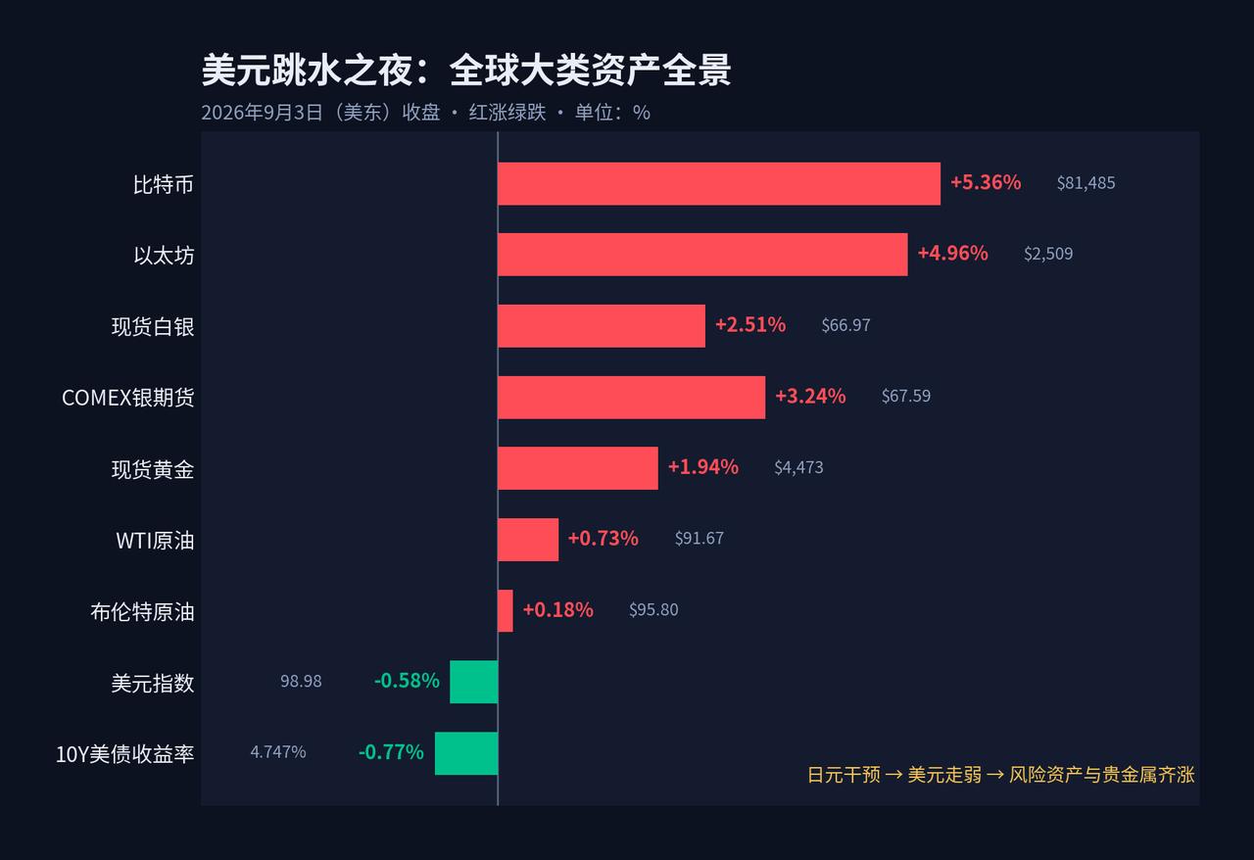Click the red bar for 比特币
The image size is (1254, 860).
(719, 183)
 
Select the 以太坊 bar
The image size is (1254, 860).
(702, 255)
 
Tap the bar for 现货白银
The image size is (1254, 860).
(602, 326)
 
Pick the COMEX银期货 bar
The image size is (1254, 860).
(632, 397)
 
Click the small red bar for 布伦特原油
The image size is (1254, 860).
(505, 611)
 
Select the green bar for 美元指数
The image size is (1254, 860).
(473, 682)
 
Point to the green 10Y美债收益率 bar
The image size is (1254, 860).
(466, 753)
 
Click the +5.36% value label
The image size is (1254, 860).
(986, 182)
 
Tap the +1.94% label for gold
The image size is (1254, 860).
(703, 467)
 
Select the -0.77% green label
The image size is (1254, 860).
(391, 752)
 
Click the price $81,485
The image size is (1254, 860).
(1086, 183)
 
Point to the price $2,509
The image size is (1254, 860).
(1048, 254)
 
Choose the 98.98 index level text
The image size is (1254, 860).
(301, 681)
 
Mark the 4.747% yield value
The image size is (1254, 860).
(277, 752)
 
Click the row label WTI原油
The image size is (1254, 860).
(155, 541)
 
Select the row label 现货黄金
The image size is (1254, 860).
(153, 470)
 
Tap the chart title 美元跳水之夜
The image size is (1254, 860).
(308, 71)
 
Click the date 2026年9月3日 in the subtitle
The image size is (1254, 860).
(262, 113)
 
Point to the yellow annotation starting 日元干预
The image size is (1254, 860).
(1001, 775)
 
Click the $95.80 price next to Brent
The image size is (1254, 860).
(653, 609)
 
